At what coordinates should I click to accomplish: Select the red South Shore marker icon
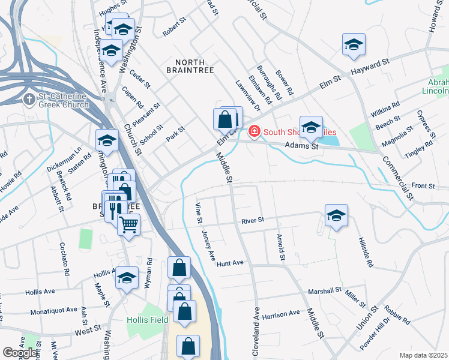[x=255, y=131]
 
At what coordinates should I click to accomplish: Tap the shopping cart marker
[x=128, y=226]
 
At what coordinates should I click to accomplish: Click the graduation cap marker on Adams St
[x=311, y=127]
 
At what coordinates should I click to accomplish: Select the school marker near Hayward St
[x=354, y=44]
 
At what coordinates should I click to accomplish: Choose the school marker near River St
[x=336, y=216]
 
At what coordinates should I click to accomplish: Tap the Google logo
[x=20, y=353]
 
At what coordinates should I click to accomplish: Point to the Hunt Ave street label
[x=231, y=263]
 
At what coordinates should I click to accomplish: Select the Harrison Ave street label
[x=280, y=314]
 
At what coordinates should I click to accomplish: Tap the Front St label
[x=423, y=187]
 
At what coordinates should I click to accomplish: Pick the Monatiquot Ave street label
[x=55, y=310]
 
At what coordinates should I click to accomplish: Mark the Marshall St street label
[x=324, y=290]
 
